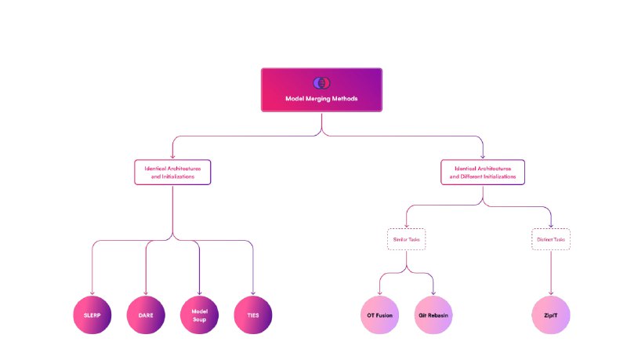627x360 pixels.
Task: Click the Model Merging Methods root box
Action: (321, 89)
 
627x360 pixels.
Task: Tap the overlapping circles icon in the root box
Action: (321, 82)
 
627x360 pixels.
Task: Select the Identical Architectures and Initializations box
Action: (173, 173)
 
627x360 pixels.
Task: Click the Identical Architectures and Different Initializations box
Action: (483, 173)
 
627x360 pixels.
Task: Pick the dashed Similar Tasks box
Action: (405, 238)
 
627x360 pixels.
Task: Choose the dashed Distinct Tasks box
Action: (551, 238)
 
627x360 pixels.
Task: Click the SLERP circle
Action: (92, 316)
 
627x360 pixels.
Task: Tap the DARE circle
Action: (146, 316)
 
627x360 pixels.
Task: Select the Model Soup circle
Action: (199, 316)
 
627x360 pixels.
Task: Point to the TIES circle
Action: (252, 316)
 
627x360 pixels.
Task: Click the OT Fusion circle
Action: (379, 316)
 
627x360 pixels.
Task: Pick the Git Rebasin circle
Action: (433, 316)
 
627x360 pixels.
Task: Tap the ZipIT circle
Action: (551, 316)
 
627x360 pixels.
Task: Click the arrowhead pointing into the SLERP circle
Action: (92, 294)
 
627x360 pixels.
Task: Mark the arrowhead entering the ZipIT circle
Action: (551, 294)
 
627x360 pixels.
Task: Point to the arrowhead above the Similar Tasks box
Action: (405, 226)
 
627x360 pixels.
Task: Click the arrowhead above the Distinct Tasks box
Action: (551, 226)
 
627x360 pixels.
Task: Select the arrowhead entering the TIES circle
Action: (252, 294)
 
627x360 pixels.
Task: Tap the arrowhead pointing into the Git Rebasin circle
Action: (433, 294)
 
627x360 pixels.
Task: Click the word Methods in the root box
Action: (344, 99)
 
